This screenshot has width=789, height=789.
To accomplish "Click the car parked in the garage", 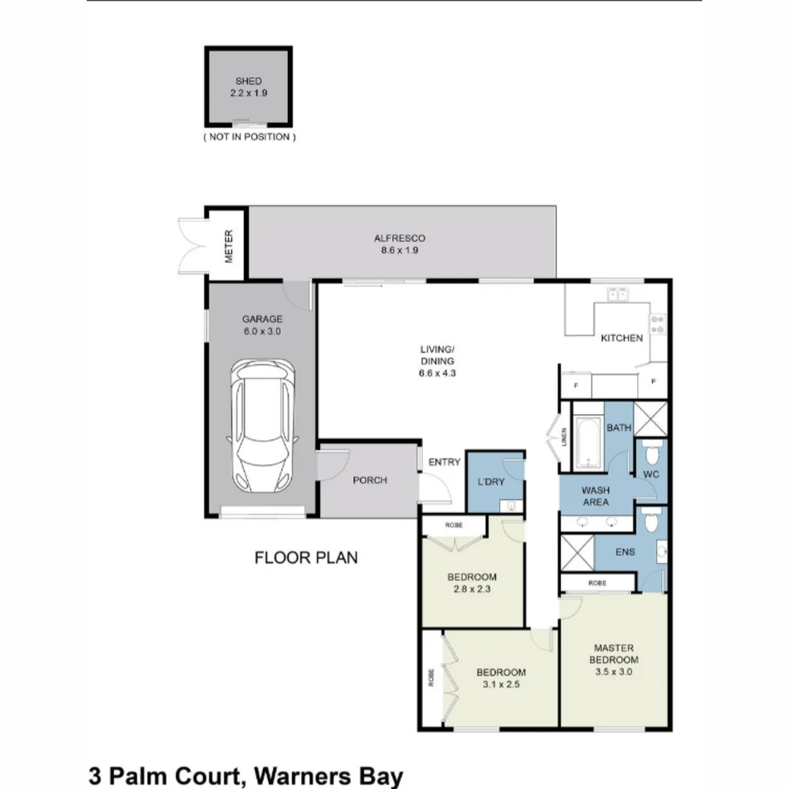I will [262, 427].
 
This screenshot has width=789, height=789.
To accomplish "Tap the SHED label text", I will [248, 81].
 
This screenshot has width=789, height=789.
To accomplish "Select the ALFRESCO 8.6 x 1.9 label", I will [399, 244].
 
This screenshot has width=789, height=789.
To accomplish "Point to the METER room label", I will [228, 247].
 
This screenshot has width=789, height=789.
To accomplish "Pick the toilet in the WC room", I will [652, 453].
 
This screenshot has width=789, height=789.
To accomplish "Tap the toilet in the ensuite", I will [652, 520].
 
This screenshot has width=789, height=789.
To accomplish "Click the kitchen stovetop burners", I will [657, 324].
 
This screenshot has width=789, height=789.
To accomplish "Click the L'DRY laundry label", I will [491, 482].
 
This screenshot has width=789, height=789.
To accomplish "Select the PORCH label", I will [370, 480].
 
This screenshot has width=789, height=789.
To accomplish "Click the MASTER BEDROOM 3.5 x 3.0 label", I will [613, 660].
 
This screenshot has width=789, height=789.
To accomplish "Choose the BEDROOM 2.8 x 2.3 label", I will [472, 582].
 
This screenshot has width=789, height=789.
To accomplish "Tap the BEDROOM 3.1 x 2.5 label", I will [500, 678].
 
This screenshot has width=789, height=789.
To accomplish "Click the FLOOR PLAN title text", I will [306, 558].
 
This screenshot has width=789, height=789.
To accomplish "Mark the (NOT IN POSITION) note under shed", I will [249, 137].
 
